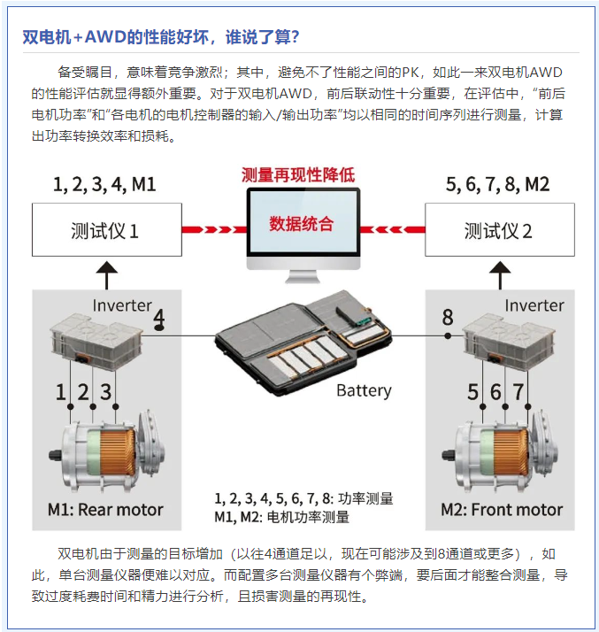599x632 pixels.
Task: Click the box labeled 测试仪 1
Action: (107, 230)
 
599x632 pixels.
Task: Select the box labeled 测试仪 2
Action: (500, 230)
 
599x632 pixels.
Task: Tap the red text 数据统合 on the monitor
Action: (302, 224)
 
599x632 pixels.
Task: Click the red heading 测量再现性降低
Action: (298, 175)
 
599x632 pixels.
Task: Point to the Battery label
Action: (364, 390)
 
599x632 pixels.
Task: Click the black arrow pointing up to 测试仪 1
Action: (107, 275)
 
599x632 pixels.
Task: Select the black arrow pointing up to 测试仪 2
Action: (500, 275)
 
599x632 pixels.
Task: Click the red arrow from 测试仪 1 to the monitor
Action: (214, 230)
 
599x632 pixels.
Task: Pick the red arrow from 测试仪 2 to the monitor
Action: (392, 230)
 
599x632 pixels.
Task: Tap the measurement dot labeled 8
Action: (448, 335)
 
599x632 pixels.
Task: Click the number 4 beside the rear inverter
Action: (159, 318)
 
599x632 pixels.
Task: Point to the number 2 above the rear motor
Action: (83, 392)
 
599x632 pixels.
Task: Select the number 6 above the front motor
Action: (495, 392)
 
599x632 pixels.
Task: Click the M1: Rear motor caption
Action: (105, 510)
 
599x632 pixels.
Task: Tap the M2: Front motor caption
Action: (502, 510)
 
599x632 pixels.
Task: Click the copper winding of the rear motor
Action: (118, 451)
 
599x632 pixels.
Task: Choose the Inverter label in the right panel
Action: (534, 305)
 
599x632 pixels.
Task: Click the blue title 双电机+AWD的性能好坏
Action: (116, 37)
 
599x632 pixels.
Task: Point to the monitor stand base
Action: (303, 279)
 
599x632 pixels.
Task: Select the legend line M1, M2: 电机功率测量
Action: (281, 517)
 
